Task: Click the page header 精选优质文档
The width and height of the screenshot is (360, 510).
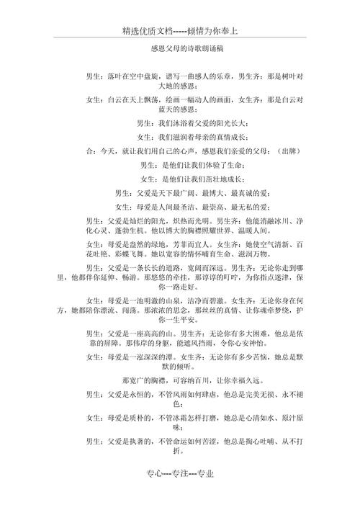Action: [148, 32]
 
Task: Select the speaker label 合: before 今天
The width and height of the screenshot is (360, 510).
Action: [89, 151]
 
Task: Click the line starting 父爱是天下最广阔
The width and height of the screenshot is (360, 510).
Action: [188, 193]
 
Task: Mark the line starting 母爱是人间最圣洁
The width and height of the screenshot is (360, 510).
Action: [188, 207]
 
